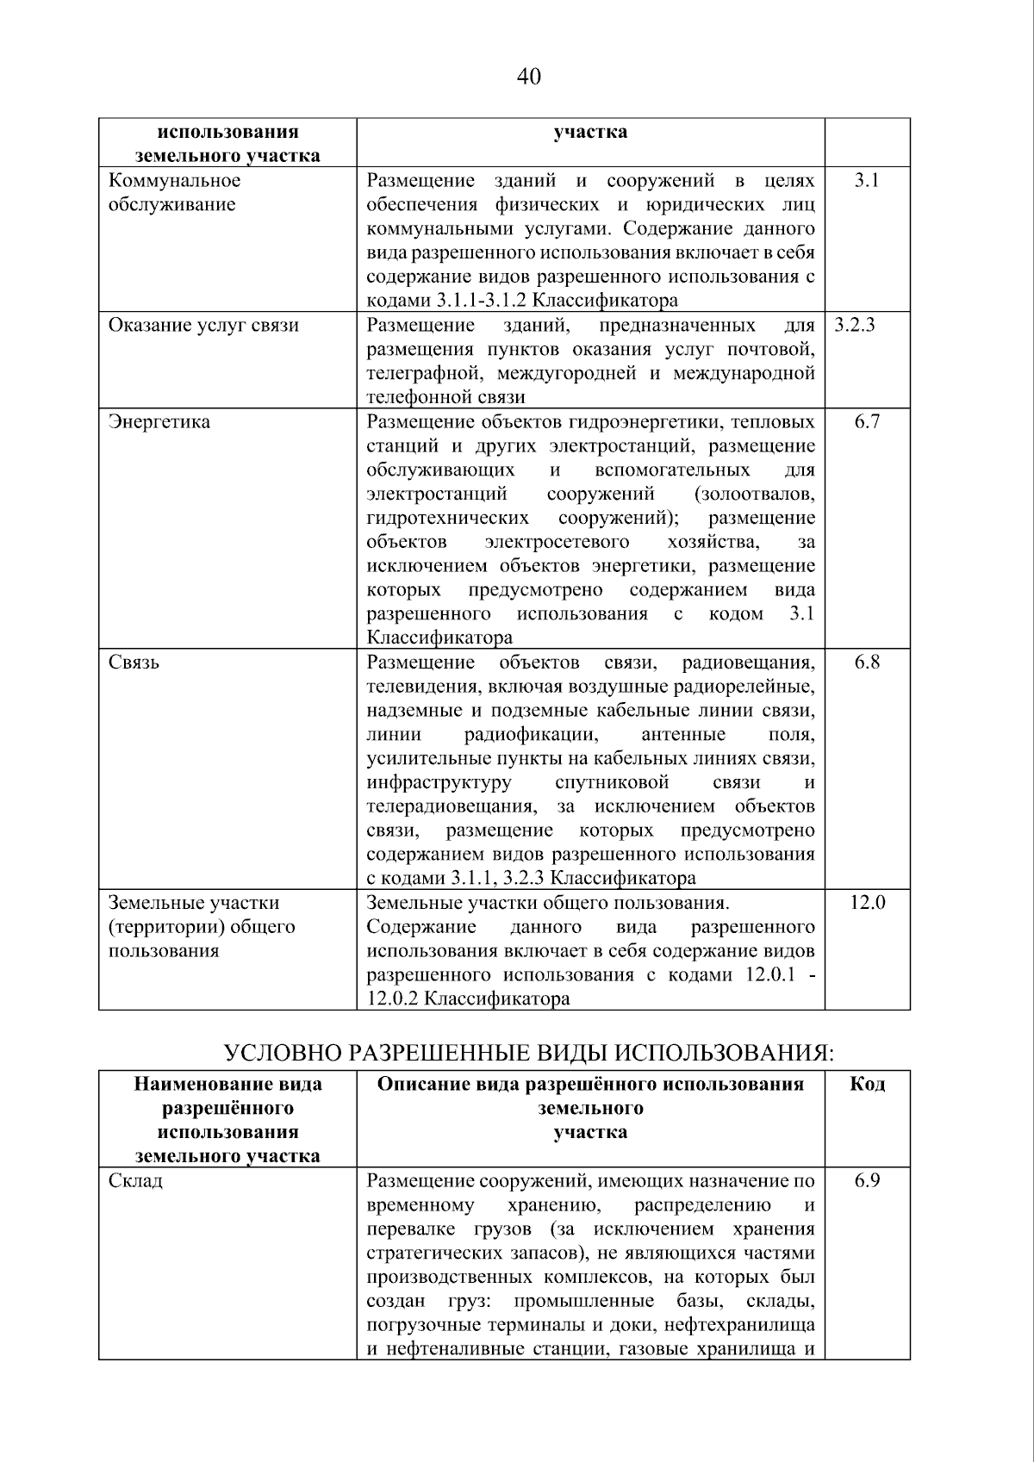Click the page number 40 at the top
(x=528, y=77)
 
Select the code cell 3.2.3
(x=855, y=326)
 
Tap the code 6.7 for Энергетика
(x=867, y=422)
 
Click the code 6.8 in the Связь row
(x=867, y=663)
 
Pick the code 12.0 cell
(x=867, y=903)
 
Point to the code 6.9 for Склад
(x=867, y=1181)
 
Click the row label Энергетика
(x=159, y=422)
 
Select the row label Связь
(x=134, y=663)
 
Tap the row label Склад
(x=135, y=1181)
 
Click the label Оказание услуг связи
(x=203, y=326)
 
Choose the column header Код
(x=867, y=1084)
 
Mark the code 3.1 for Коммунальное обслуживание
(x=867, y=181)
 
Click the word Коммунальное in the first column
(x=174, y=181)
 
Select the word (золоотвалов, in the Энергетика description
(x=753, y=495)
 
